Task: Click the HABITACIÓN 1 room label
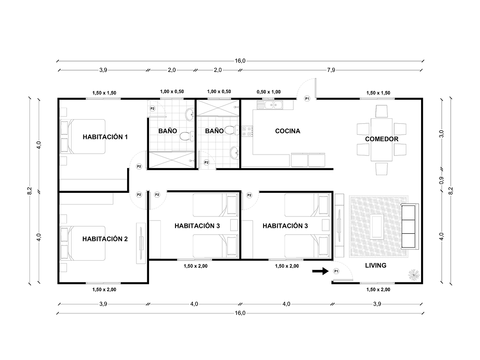pos(105,137)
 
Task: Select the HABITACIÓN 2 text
pos(105,239)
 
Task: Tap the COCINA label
pos(288,131)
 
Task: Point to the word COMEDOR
pos(381,139)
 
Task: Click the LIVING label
pos(376,265)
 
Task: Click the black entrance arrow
pos(320,272)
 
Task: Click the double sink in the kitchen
pos(272,105)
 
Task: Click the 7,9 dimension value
pos(331,70)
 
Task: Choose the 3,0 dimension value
pos(441,134)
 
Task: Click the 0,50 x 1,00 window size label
pos(269,92)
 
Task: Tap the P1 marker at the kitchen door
pos(307,99)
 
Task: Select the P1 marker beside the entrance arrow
pos(336,272)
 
